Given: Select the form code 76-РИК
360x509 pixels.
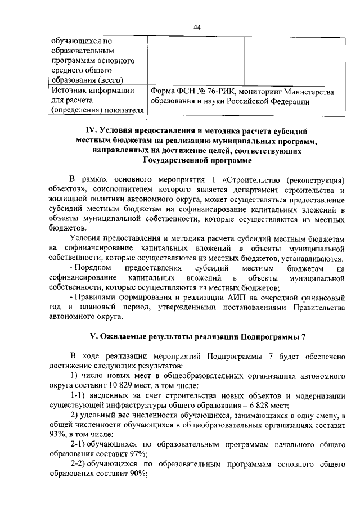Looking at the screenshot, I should [222, 91].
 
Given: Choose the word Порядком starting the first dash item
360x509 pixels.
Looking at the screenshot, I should [92, 268].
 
